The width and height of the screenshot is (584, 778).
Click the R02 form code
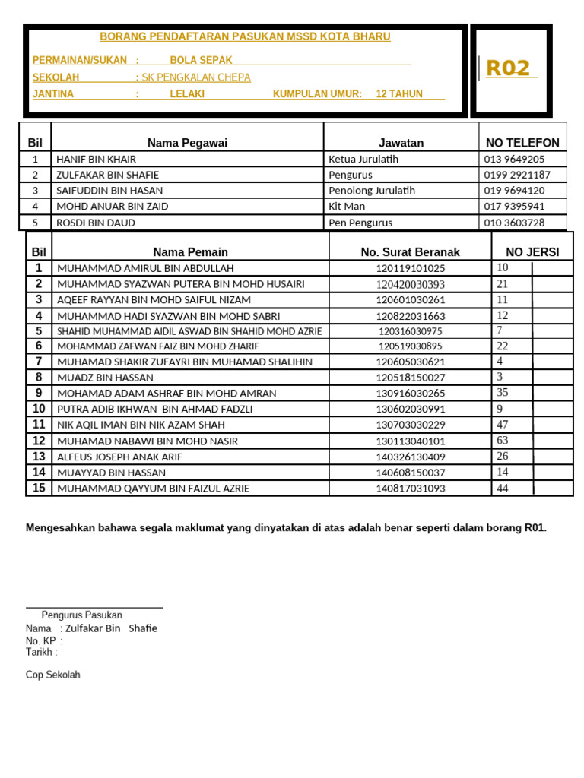pos(508,69)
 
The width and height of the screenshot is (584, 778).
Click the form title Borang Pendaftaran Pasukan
pos(245,36)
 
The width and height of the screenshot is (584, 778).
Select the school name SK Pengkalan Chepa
pos(196,77)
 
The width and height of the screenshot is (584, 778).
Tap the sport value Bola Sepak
pos(201,60)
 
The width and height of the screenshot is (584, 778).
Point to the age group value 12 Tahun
pos(398,94)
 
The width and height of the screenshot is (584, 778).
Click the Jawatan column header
pos(401,143)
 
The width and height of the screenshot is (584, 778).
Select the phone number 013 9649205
pos(514,160)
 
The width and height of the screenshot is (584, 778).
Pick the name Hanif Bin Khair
pos(96,160)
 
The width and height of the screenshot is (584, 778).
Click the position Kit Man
pos(347,207)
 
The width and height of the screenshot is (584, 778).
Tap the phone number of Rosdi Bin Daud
pos(514,223)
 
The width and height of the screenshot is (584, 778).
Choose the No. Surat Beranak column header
pos(410,252)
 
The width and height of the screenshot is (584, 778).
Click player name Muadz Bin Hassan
pos(105,378)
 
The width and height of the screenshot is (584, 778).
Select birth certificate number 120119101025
pos(410,268)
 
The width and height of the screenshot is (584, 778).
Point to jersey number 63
pos(502,440)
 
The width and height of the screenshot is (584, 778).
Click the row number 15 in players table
pos(39,488)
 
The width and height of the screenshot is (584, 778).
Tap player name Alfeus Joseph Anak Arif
pos(119,457)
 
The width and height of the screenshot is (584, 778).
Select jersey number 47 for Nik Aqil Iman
pos(502,424)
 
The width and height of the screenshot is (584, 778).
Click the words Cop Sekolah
pos(52,675)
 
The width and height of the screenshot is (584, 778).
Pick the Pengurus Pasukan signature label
pos(81,615)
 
